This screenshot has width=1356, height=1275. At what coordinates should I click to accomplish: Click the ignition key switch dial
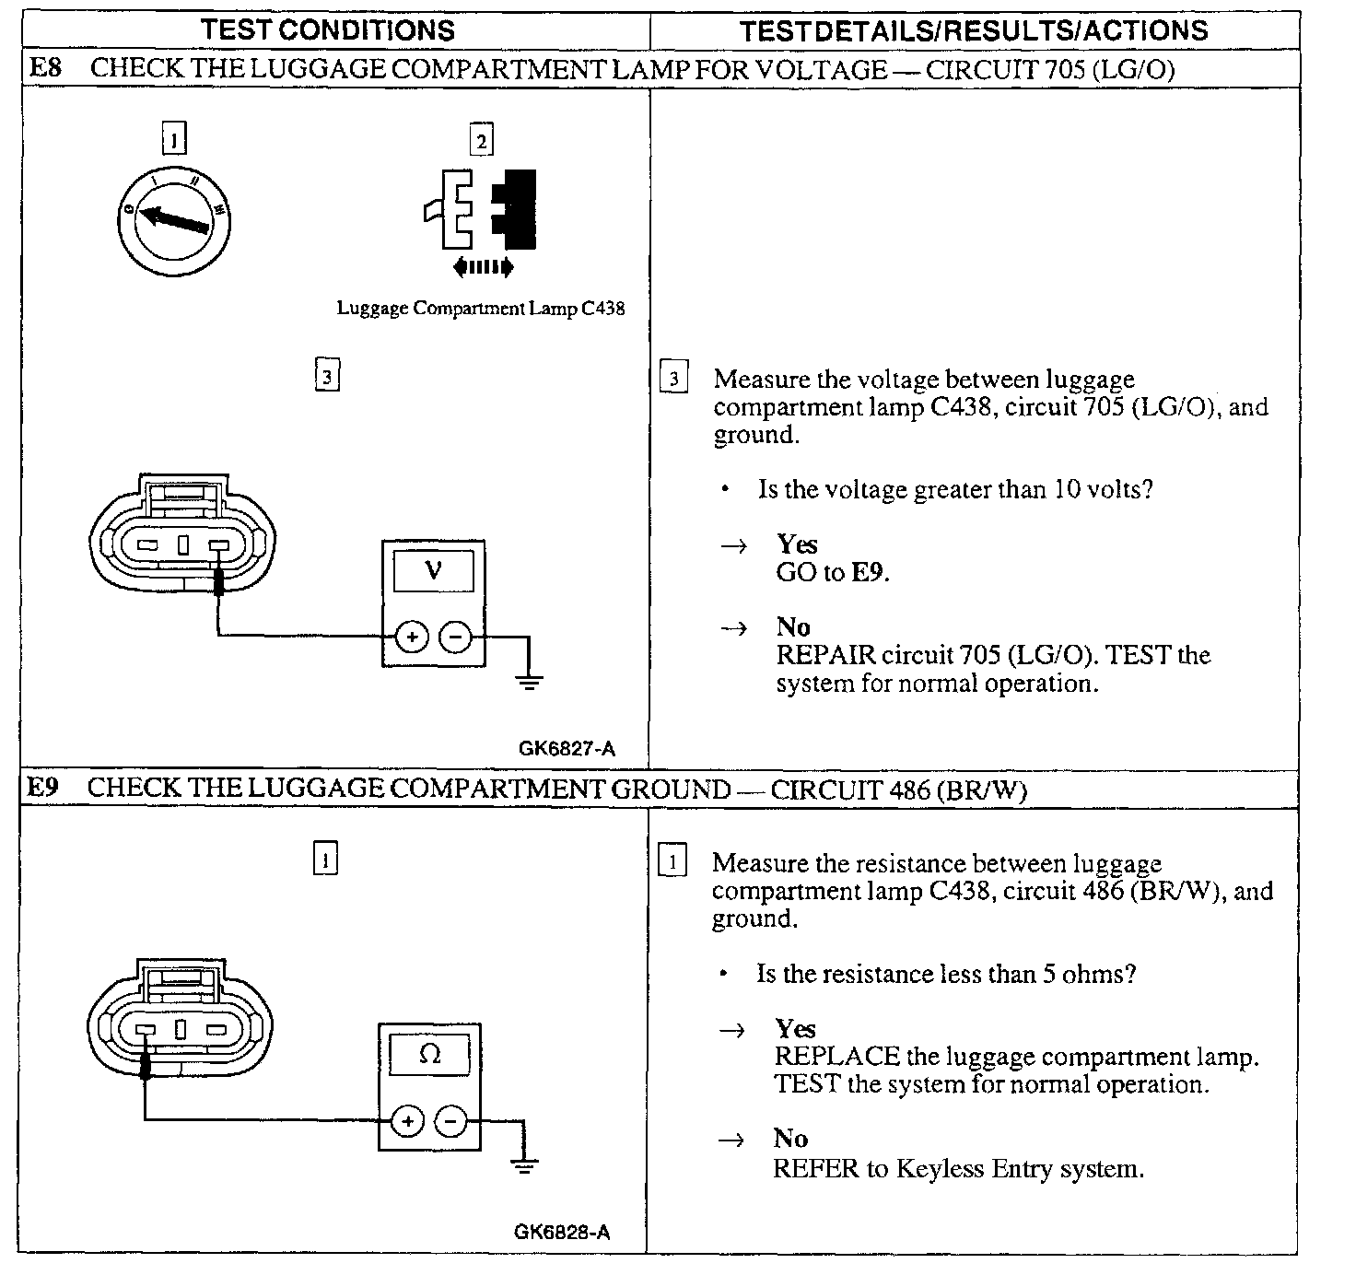tap(175, 221)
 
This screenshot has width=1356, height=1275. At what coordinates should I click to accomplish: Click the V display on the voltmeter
tap(433, 571)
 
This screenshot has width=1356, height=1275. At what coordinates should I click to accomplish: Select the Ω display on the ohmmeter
tap(429, 1054)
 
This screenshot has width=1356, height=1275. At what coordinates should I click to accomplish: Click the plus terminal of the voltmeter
tap(412, 637)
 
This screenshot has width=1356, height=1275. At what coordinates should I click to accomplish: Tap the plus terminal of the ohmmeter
tap(407, 1121)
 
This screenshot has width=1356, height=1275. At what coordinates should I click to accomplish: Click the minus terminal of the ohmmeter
tap(450, 1121)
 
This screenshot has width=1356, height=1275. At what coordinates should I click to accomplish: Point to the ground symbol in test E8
tap(529, 683)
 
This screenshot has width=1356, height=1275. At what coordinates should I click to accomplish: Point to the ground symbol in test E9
tap(525, 1166)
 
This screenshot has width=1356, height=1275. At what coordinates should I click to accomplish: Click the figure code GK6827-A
tap(567, 749)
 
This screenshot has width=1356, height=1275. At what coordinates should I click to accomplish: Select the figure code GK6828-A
tap(562, 1233)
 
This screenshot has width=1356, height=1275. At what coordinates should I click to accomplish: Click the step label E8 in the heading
tap(46, 68)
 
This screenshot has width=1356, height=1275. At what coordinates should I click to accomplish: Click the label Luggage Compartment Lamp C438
tap(480, 309)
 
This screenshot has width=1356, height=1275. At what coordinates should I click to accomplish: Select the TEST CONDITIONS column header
tap(328, 29)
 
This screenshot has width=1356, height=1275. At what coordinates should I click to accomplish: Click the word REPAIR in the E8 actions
tap(825, 655)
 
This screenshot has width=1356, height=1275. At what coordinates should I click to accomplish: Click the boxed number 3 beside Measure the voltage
tap(674, 379)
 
